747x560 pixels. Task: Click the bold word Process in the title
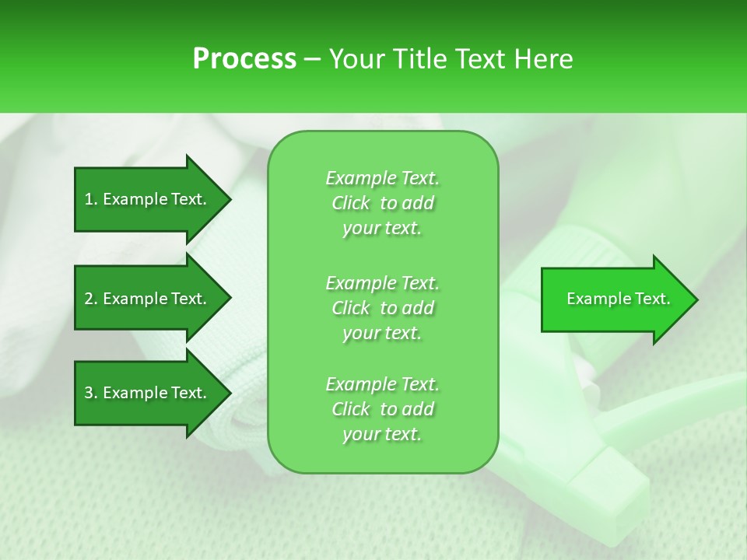tap(244, 59)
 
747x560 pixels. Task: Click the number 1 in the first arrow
tap(89, 199)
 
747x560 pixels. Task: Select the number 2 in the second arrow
tap(89, 299)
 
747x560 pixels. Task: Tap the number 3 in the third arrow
tap(89, 393)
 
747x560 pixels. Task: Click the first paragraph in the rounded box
tap(382, 203)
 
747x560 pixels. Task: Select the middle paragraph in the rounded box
tap(382, 308)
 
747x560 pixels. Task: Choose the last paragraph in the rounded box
tap(382, 409)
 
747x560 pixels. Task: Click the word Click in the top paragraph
tap(351, 204)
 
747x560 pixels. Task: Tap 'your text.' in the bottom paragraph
tap(382, 434)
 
